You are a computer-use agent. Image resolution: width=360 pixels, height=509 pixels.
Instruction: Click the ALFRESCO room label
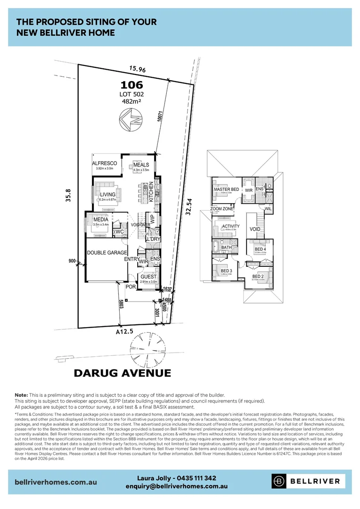(105, 163)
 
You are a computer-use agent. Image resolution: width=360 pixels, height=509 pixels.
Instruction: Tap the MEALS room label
(141, 165)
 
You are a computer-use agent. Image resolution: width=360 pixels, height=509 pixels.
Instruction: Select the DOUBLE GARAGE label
(107, 253)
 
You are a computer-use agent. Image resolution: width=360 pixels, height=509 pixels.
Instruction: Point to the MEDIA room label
(101, 220)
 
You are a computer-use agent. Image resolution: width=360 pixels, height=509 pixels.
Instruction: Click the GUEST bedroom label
(148, 277)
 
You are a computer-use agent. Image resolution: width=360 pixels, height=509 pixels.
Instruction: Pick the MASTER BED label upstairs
(226, 189)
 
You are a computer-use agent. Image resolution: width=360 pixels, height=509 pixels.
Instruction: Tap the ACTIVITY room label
(230, 226)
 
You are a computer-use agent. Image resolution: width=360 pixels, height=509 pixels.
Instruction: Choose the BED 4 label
(260, 249)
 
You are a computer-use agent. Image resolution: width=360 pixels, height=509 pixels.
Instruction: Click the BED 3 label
(226, 271)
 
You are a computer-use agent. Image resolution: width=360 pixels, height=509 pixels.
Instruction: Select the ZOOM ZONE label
(221, 208)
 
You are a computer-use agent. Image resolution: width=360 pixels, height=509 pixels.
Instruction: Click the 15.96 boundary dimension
(137, 69)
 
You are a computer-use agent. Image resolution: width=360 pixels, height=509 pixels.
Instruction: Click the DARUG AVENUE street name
(123, 373)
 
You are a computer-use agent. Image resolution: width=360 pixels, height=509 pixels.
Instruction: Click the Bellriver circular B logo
(279, 481)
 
